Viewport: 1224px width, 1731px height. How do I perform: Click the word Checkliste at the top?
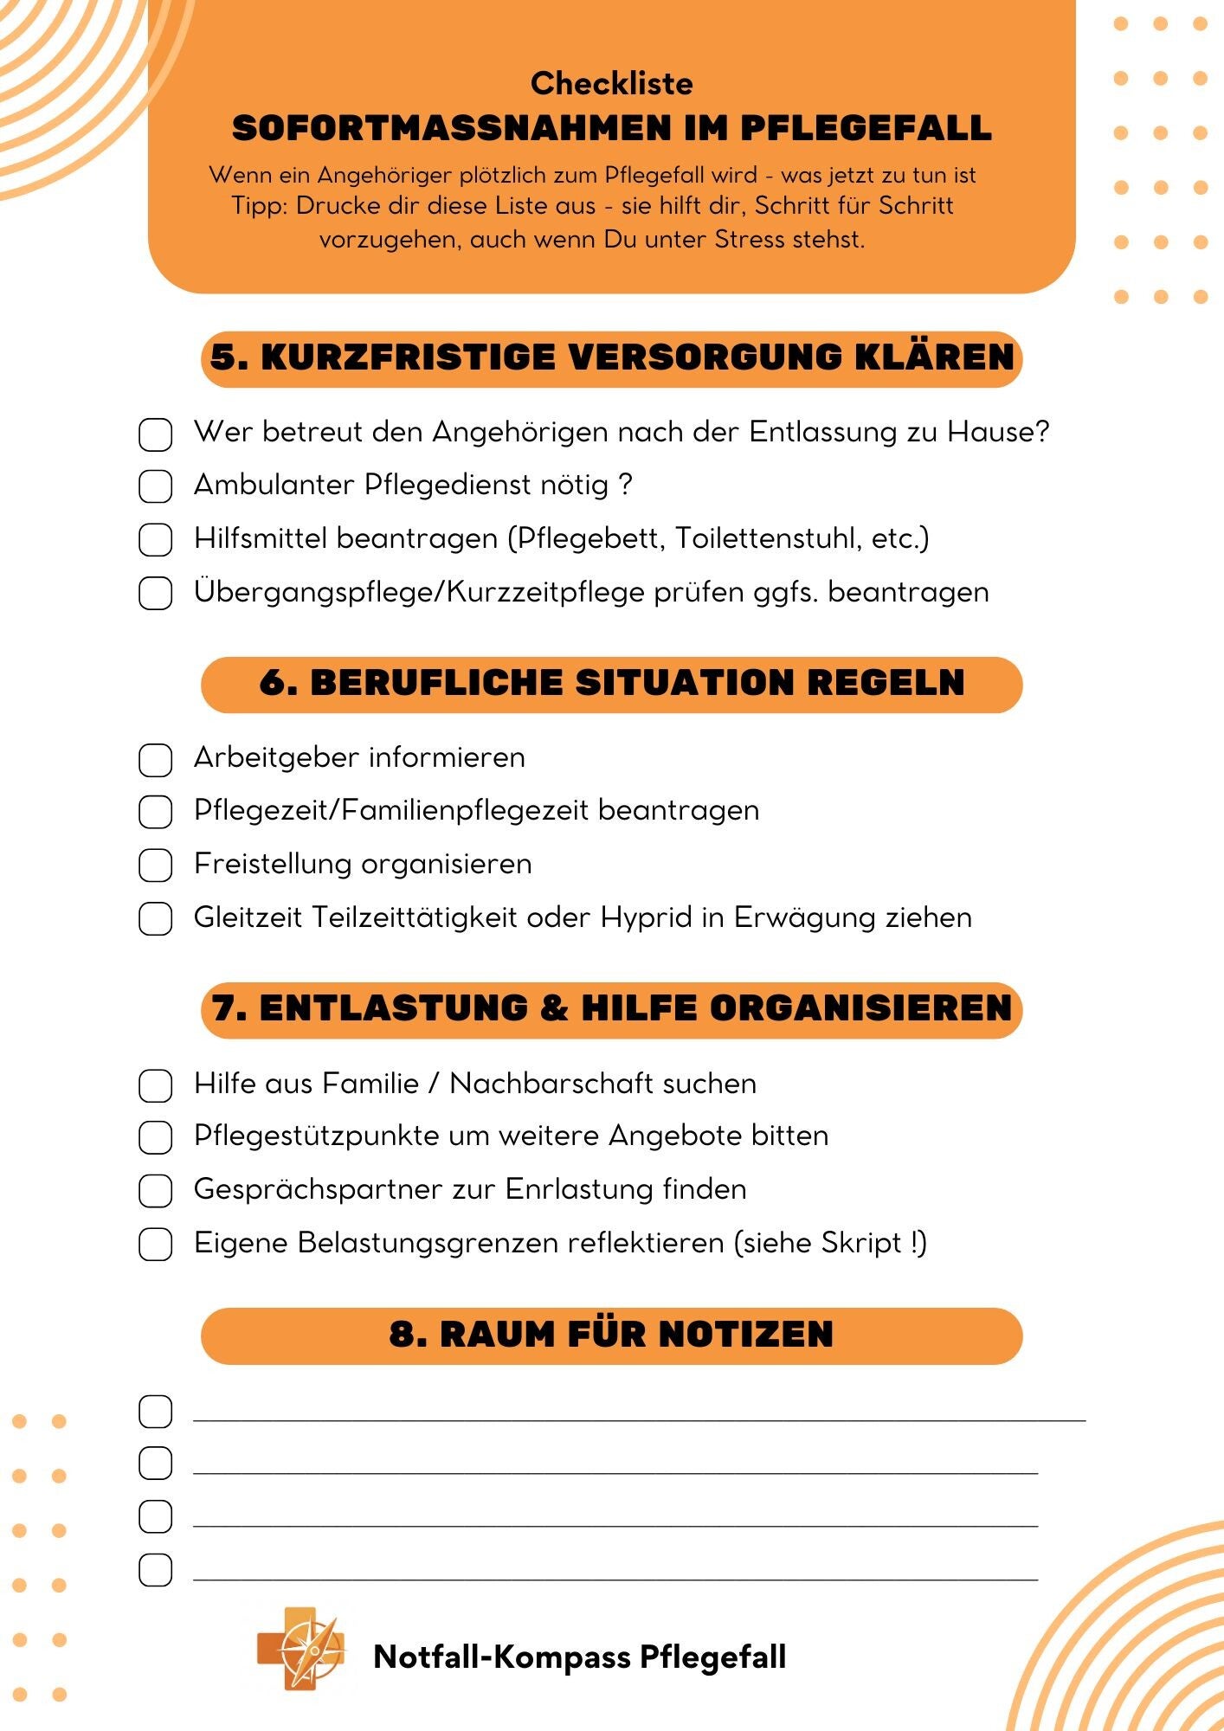pos(611,84)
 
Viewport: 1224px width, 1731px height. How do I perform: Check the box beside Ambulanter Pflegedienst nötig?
pos(155,486)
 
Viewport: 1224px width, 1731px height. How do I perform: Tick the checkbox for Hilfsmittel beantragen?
pos(155,540)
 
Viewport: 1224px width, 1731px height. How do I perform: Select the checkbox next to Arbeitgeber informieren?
pos(155,760)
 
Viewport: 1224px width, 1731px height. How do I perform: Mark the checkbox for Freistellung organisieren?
pos(155,865)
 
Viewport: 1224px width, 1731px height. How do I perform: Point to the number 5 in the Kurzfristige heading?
pos(223,357)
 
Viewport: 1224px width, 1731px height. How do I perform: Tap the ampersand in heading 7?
pos(554,1008)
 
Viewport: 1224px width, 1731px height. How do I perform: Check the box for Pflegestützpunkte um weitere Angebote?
pos(155,1137)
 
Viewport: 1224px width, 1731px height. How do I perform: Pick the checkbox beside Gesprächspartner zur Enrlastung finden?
pos(155,1191)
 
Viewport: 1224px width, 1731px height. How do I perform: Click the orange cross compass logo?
pos(301,1649)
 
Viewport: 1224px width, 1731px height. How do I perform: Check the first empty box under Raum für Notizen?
pos(155,1412)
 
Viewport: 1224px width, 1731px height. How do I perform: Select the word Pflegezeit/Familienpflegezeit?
pos(390,811)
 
